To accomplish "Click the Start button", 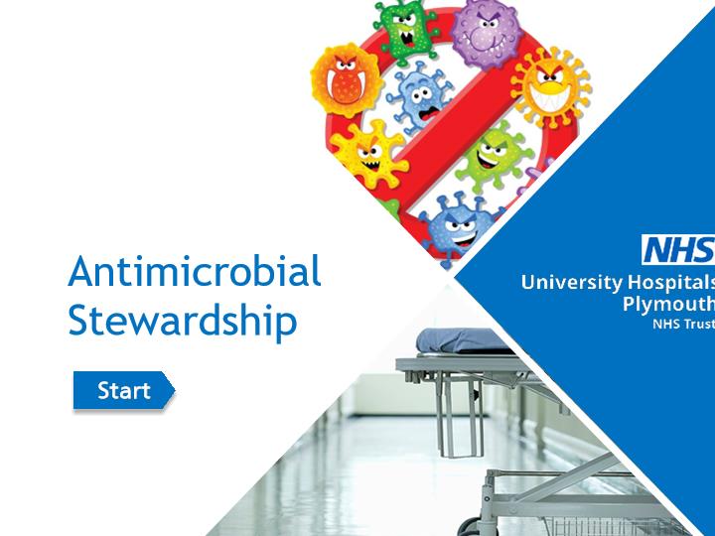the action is point(124,390).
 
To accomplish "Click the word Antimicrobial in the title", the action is point(195,271).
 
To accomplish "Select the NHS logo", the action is point(678,250).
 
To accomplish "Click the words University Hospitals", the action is point(618,283).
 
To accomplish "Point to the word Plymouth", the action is point(668,304).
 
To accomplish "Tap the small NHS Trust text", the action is point(683,324).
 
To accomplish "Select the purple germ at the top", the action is point(486,33).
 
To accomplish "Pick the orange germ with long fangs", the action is point(347,80).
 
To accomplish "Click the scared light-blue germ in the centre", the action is point(419,98).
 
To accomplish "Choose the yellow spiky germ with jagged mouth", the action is point(368,154).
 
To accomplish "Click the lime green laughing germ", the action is point(494,155).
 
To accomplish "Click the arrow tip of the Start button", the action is point(175,390).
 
